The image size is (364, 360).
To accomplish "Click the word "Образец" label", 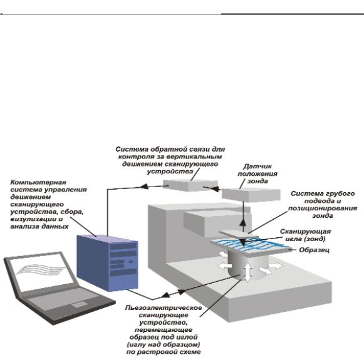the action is [x=314, y=250].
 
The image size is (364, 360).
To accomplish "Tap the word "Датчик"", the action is [x=257, y=167].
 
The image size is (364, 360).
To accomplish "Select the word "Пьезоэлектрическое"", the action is [x=164, y=308].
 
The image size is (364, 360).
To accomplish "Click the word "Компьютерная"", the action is [x=38, y=182].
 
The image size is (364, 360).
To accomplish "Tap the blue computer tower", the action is [x=107, y=263].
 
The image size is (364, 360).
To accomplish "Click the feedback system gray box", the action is [x=190, y=185].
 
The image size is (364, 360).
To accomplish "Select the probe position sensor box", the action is [x=251, y=194].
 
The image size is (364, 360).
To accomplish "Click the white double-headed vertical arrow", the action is [x=248, y=271].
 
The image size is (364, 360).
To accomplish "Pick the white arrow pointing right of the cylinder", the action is [x=276, y=265].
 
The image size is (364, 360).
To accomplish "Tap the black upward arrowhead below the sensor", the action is [x=243, y=223].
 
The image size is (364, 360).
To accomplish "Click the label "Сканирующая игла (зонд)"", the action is [x=305, y=235].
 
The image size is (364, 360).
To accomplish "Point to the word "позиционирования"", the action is [x=323, y=208].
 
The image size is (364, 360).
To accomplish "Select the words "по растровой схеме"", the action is [x=164, y=352].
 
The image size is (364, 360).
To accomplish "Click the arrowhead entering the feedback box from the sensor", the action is [x=216, y=189].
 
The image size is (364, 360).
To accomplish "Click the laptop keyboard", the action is [x=62, y=299].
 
